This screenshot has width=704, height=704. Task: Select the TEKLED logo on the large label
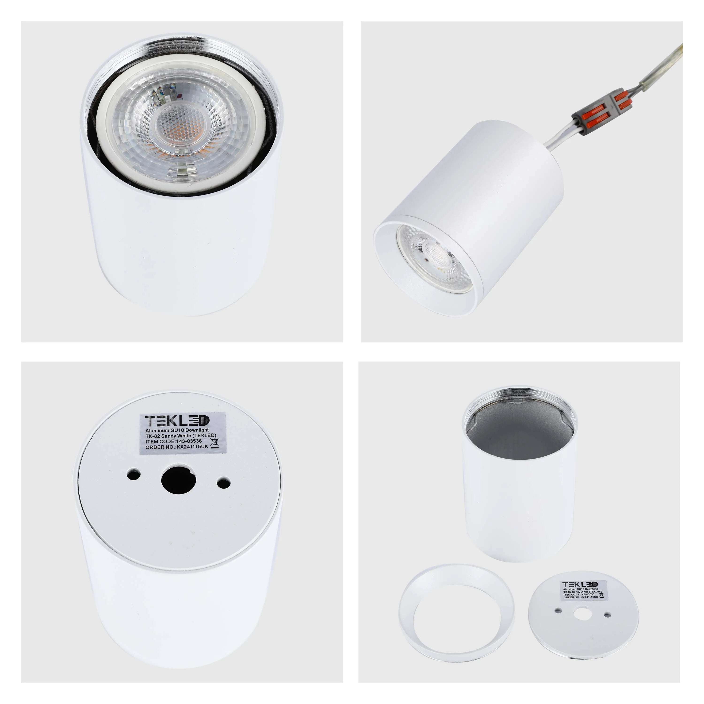click(177, 421)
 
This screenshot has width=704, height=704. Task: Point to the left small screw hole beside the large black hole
click(134, 474)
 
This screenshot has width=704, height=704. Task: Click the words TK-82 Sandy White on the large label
click(168, 436)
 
